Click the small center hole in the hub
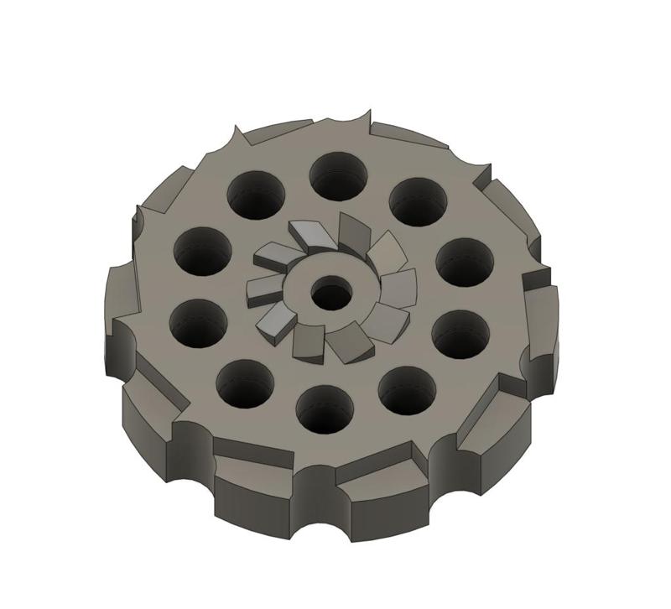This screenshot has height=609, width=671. pos(331,294)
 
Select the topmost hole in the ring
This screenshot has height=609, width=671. pos(339,177)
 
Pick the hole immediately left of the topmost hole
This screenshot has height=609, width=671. pos(257,195)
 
